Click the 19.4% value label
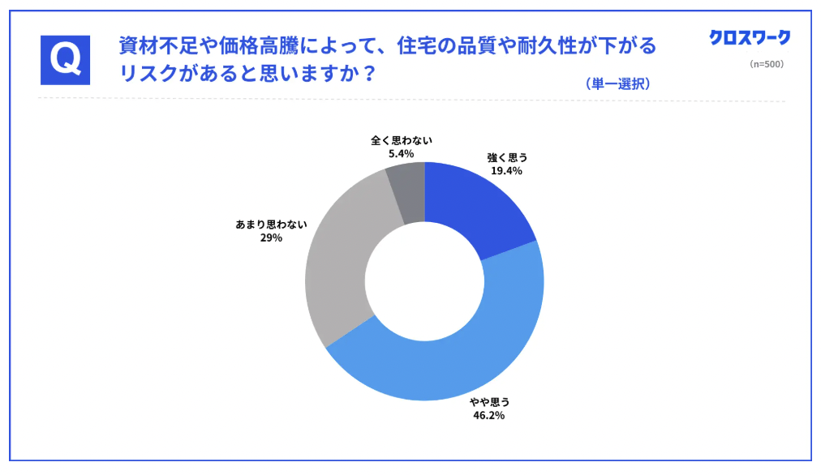click(x=506, y=171)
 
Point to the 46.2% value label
click(x=489, y=415)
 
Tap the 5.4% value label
click(x=401, y=152)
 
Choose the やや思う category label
click(x=489, y=401)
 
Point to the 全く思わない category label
click(x=402, y=139)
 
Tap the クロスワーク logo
click(x=749, y=37)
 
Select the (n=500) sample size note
click(x=766, y=64)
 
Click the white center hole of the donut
click(x=424, y=280)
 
